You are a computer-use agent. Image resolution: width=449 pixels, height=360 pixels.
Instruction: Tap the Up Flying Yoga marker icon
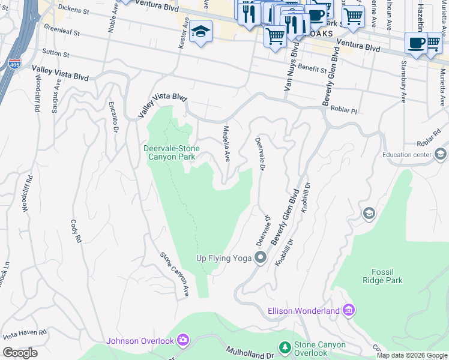point(261,258)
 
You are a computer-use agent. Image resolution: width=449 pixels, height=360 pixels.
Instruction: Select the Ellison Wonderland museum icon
point(349,310)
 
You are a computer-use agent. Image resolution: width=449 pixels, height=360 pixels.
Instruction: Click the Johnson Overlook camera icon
point(183,341)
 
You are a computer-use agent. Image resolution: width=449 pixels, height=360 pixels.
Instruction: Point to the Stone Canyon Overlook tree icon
point(285,348)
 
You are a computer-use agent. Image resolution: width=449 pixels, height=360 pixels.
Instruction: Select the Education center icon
point(441,155)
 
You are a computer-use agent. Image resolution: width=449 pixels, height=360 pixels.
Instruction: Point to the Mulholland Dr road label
point(250,353)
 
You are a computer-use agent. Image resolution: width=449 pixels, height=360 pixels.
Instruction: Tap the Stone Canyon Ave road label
point(175,274)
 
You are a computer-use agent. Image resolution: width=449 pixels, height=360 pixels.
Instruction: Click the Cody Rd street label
point(76,230)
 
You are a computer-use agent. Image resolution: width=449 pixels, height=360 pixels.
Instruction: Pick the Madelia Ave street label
point(227,144)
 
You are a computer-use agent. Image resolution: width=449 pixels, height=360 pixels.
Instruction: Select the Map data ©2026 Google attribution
point(412,355)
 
